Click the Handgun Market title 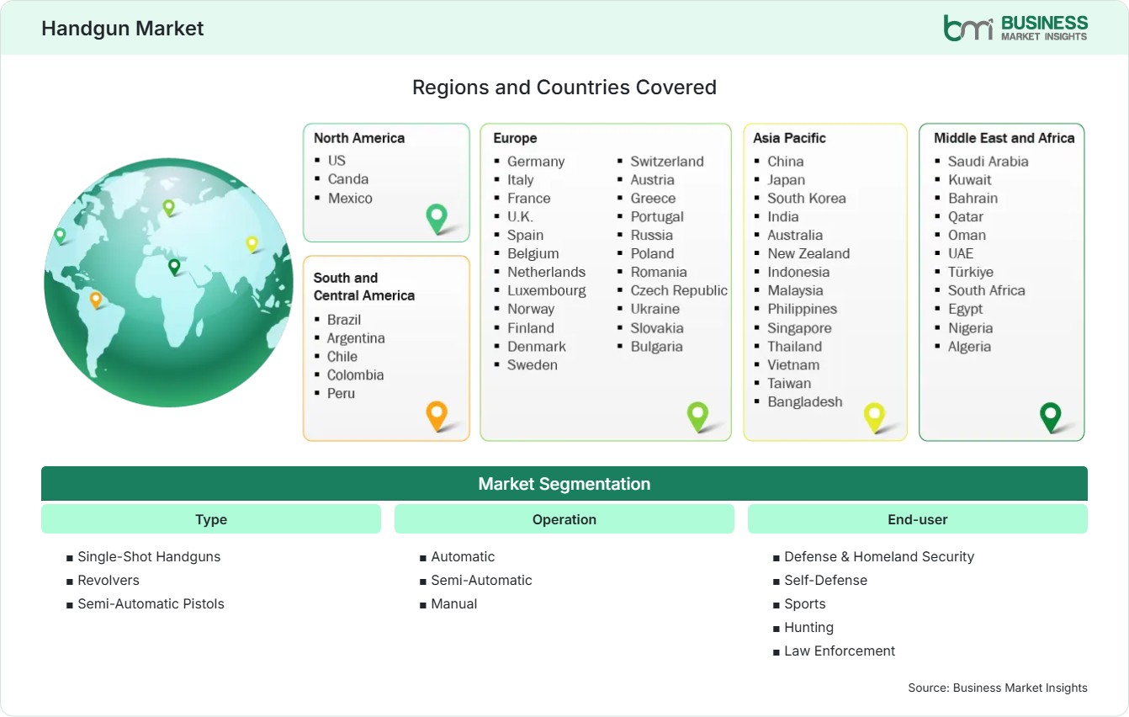[x=123, y=29]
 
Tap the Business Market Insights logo [x=1015, y=28]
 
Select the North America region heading [x=359, y=138]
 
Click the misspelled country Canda [x=347, y=179]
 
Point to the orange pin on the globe [x=96, y=300]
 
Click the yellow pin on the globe [x=252, y=245]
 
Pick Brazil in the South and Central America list [x=344, y=320]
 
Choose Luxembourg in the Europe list [x=546, y=290]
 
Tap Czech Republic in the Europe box [x=678, y=290]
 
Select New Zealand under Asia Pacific [x=808, y=253]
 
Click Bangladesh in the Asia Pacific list [x=804, y=402]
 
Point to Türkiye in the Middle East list [x=970, y=273]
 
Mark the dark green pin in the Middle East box [x=1051, y=417]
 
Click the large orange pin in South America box [x=437, y=416]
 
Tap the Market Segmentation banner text [x=564, y=484]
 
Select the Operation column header [x=564, y=519]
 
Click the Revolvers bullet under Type [x=109, y=581]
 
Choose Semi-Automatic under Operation [x=481, y=581]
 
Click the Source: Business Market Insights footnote [x=998, y=688]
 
